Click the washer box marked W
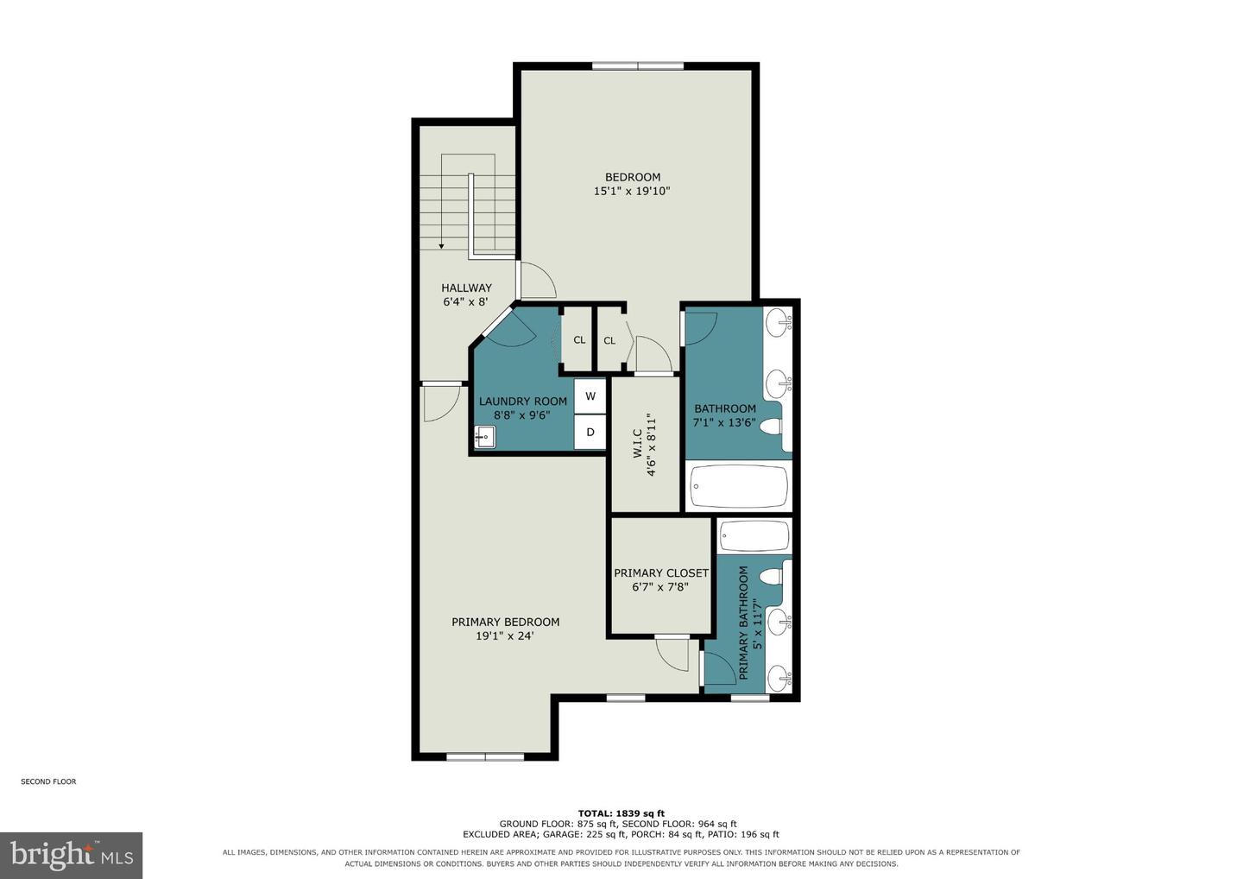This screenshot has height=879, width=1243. point(590,396)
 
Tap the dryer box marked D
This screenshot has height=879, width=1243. point(590,432)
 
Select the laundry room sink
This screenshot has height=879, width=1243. point(485,437)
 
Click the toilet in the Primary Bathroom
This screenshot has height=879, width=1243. point(771,577)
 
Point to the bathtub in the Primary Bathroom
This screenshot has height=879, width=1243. point(754,535)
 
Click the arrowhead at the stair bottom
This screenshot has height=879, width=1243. point(441,246)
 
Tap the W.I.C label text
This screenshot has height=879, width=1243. point(638,443)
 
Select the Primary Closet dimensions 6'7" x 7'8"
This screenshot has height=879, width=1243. point(660,586)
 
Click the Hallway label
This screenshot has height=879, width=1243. point(466,288)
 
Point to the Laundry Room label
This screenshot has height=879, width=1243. point(523,402)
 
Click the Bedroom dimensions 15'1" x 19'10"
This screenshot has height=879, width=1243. point(632,191)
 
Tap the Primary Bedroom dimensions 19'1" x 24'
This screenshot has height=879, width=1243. point(504,636)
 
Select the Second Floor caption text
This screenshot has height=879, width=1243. point(48,781)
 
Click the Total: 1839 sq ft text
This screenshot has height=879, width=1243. point(621,814)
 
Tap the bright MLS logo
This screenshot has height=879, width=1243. point(71,855)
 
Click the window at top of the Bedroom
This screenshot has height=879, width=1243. point(638,66)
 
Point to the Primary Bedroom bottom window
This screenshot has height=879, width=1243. point(485,756)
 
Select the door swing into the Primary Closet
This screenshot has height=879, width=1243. point(672,655)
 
